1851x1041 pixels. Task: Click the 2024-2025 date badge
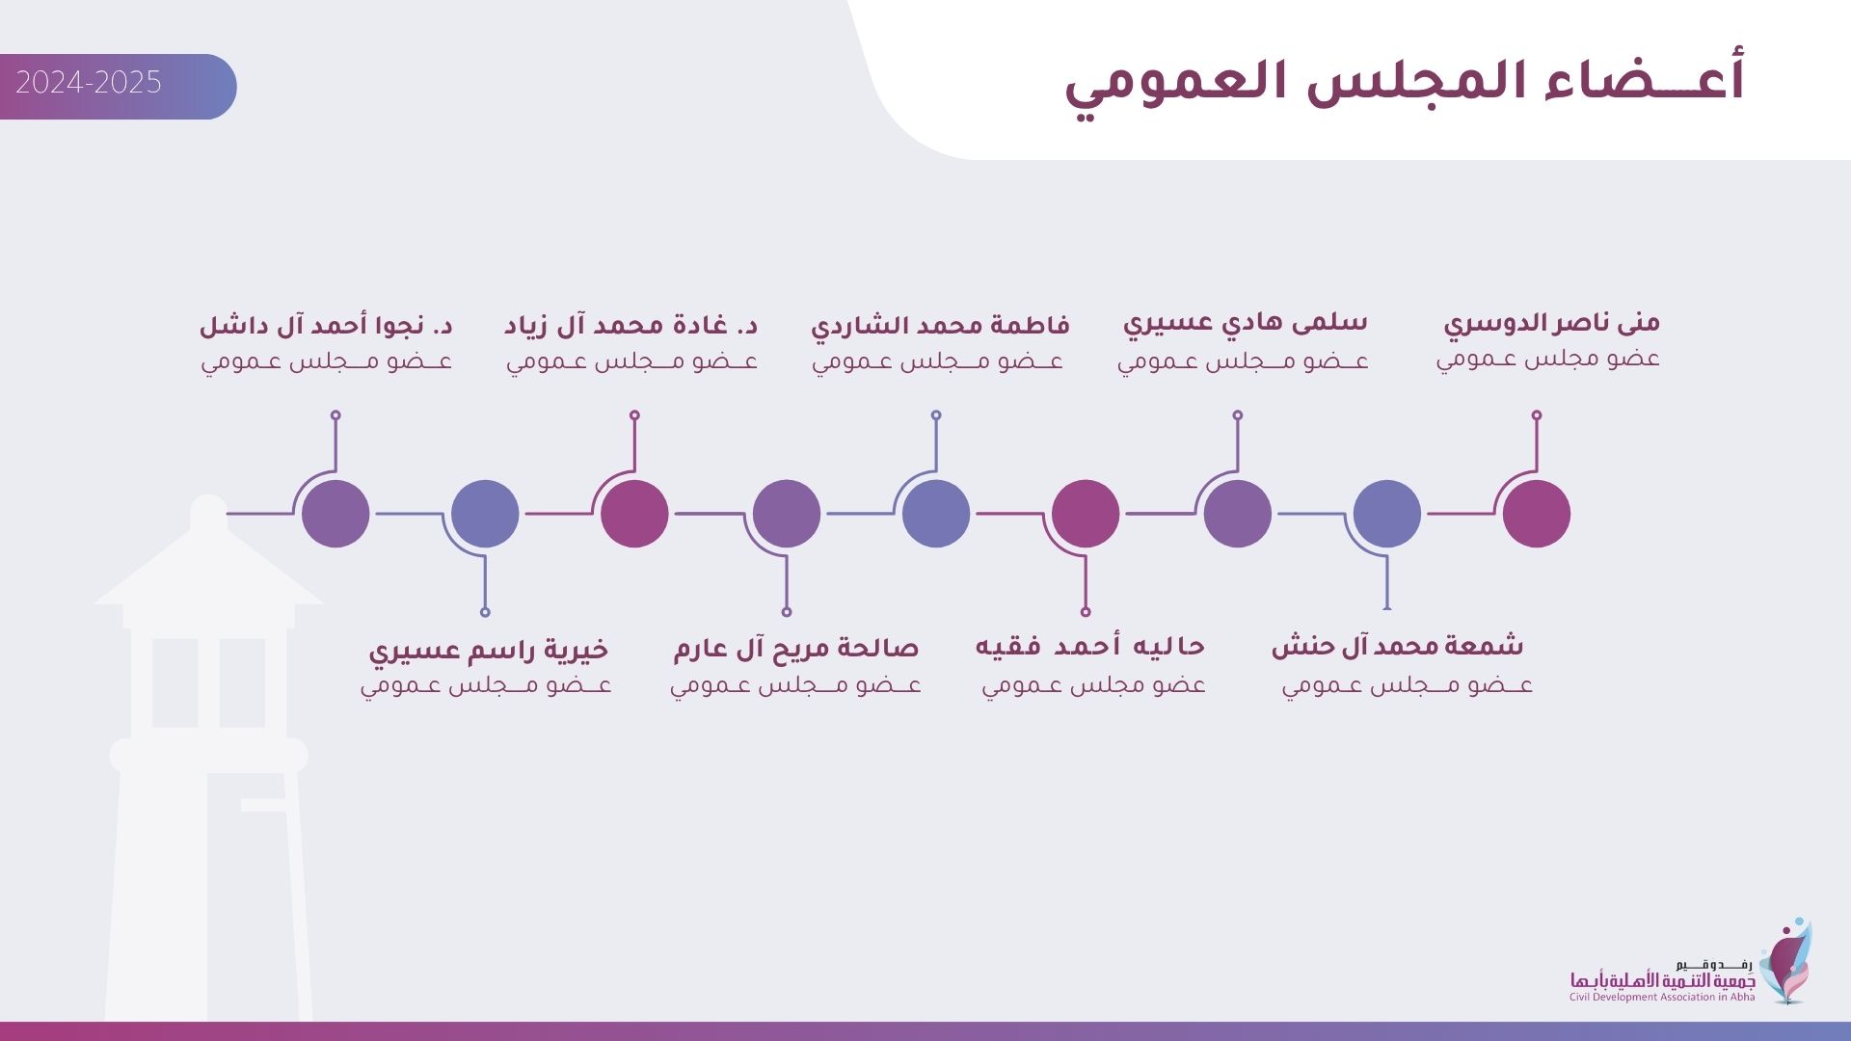[118, 87]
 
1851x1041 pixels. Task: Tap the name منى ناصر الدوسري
[1551, 323]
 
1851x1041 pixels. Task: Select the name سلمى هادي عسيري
[1245, 323]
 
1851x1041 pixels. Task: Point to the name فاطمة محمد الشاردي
[940, 325]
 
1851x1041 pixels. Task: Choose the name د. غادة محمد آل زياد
[630, 325]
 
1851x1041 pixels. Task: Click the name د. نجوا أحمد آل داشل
[326, 325]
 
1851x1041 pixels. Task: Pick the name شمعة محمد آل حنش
[1397, 646]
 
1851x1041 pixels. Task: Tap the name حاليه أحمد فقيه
[1090, 646]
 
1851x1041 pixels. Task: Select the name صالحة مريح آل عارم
[796, 648]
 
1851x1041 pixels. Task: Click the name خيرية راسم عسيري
[489, 650]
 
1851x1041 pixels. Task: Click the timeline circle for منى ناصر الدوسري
[1537, 514]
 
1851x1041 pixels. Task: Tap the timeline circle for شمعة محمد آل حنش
[1387, 514]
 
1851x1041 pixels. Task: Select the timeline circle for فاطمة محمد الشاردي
[936, 514]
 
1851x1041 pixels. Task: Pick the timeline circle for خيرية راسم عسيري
[485, 514]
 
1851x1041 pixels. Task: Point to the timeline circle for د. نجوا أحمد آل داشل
[335, 514]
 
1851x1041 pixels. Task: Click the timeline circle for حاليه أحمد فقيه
[1086, 514]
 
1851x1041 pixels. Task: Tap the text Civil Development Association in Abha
[1662, 997]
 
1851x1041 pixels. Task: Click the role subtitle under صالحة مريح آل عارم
[795, 685]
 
